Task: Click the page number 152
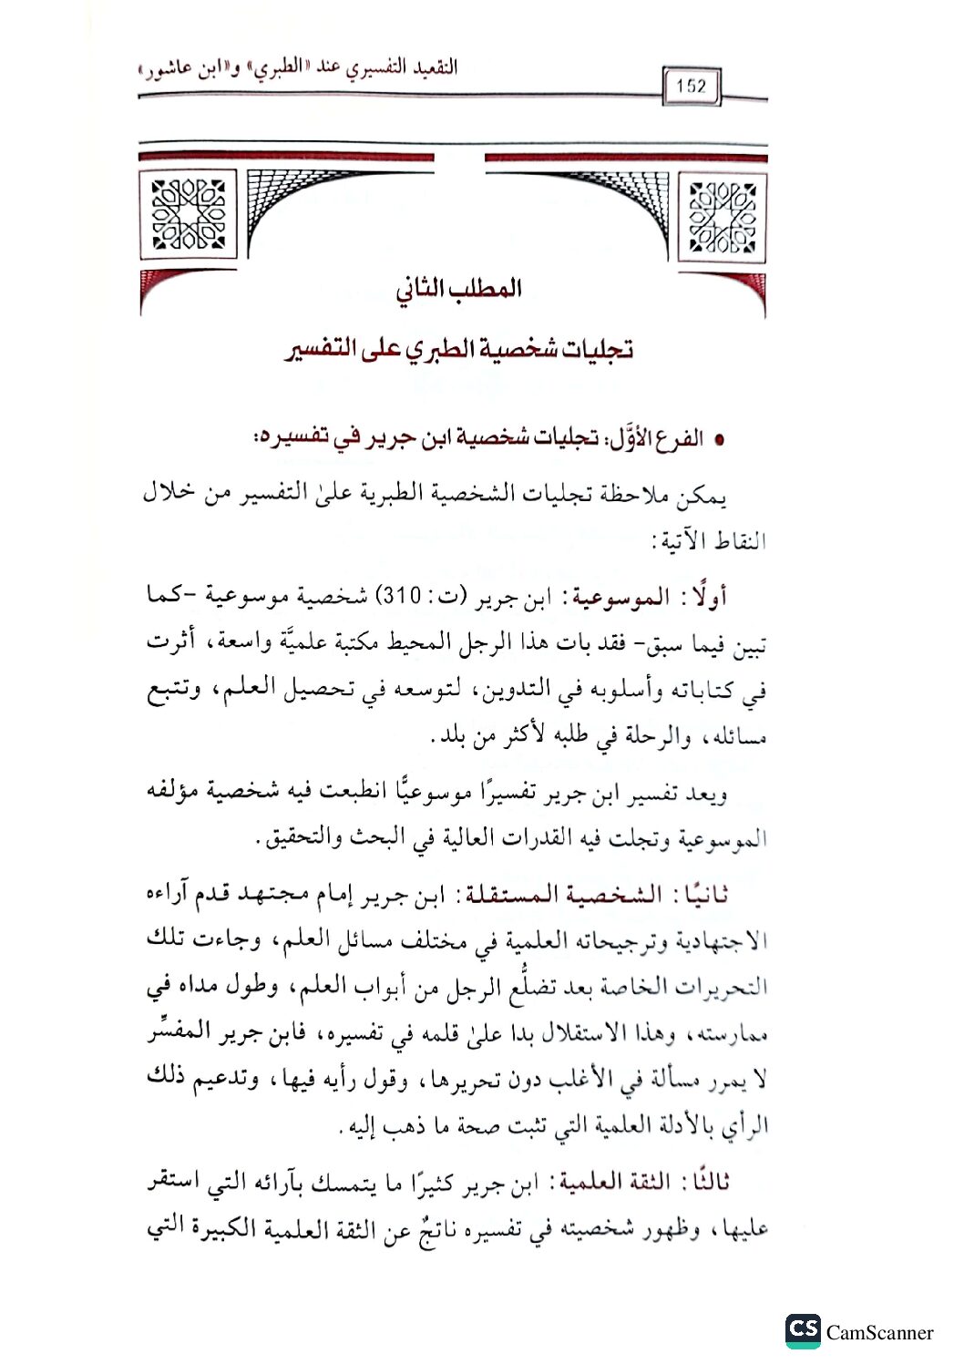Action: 692,87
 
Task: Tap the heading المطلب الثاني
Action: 458,289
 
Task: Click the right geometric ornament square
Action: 723,217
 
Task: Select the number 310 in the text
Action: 401,597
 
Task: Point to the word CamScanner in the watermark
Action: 879,1333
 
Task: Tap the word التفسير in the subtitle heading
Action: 319,350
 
